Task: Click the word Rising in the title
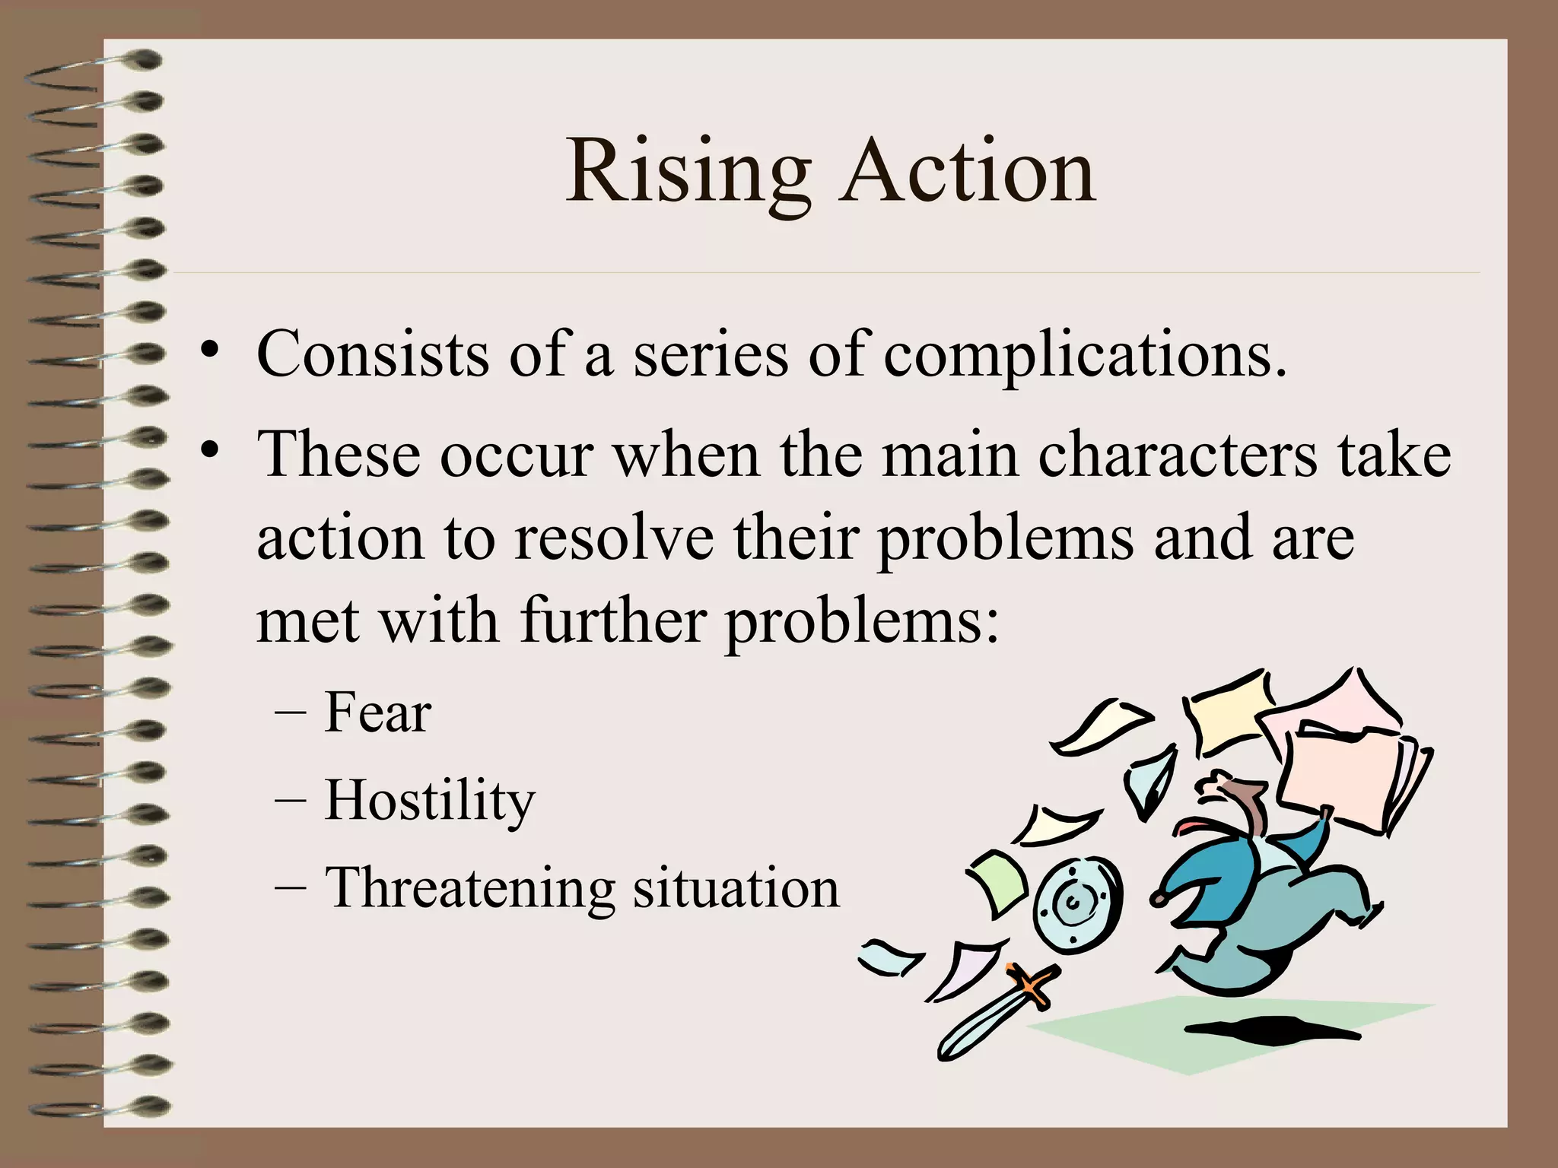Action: [688, 173]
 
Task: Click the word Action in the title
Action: [968, 173]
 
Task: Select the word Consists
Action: [373, 354]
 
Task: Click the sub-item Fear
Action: [378, 713]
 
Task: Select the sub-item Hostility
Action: [431, 801]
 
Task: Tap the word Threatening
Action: [469, 888]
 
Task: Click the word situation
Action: [736, 888]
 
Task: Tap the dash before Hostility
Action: [290, 800]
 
